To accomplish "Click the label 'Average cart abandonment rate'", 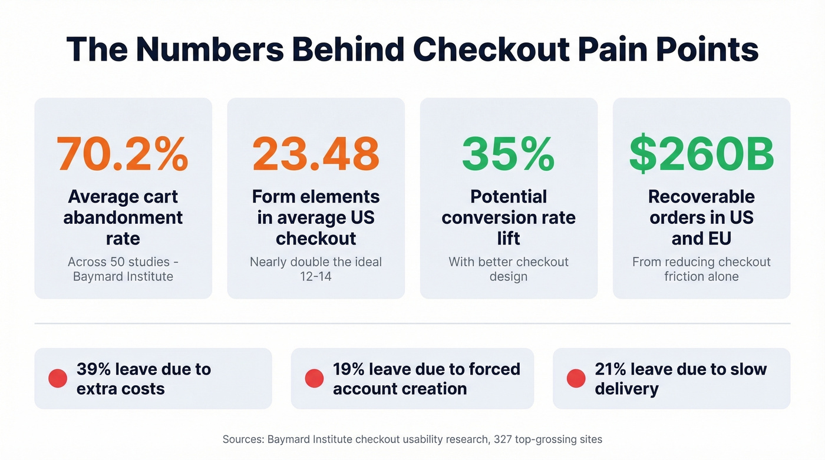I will tap(123, 217).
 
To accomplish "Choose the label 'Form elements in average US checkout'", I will tap(315, 217).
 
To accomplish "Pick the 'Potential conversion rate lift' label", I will tap(508, 217).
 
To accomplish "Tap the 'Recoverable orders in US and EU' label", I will tap(701, 217).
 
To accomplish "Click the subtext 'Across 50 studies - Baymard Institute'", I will tap(123, 269).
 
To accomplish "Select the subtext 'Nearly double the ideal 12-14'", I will tap(315, 269).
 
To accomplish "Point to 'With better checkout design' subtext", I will tap(508, 269).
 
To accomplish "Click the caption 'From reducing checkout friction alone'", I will tap(701, 269).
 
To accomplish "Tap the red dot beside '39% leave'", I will tap(58, 379).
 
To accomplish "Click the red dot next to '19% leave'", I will tap(314, 379).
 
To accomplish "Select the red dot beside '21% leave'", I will tap(576, 379).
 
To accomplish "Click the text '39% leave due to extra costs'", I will tap(143, 379).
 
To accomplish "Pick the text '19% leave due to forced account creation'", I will tap(426, 379).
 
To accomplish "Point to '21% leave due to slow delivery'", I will tap(681, 379).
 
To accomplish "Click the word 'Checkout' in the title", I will tap(495, 49).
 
